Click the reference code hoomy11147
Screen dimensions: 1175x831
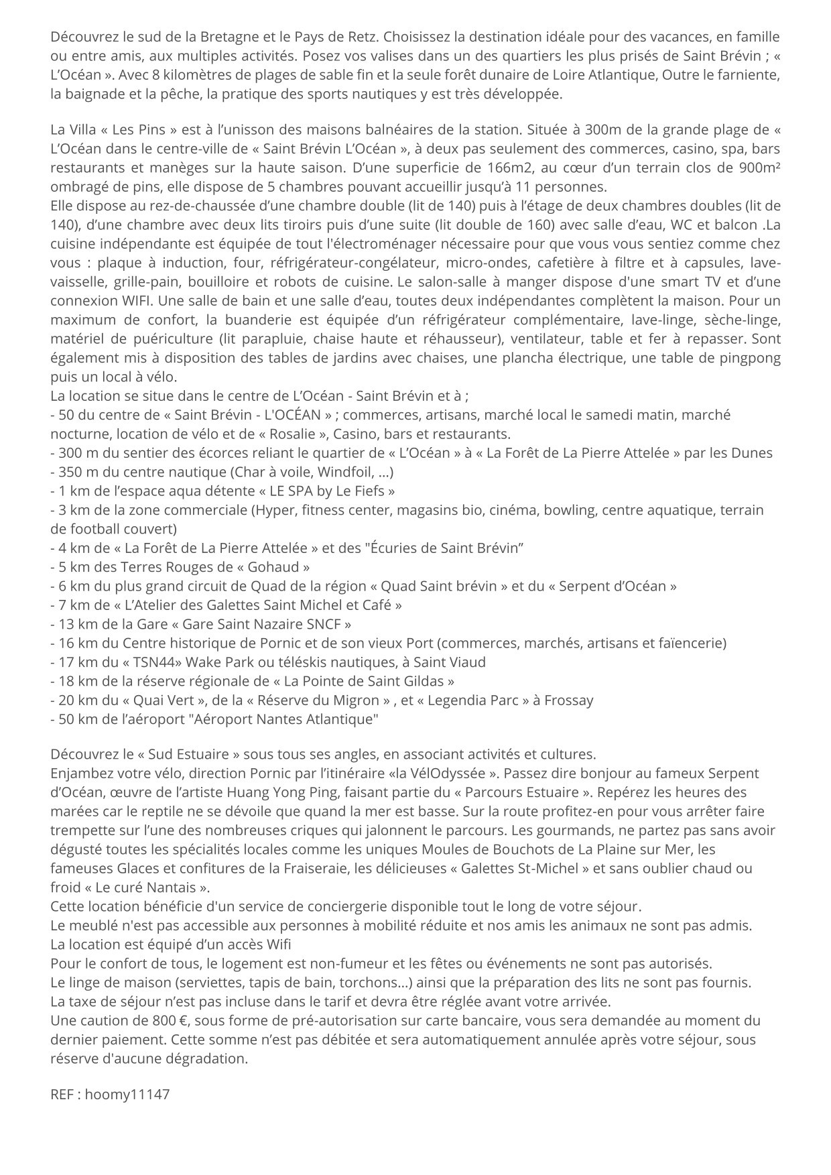127,1095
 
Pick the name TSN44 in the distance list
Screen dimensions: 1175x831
151,662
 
